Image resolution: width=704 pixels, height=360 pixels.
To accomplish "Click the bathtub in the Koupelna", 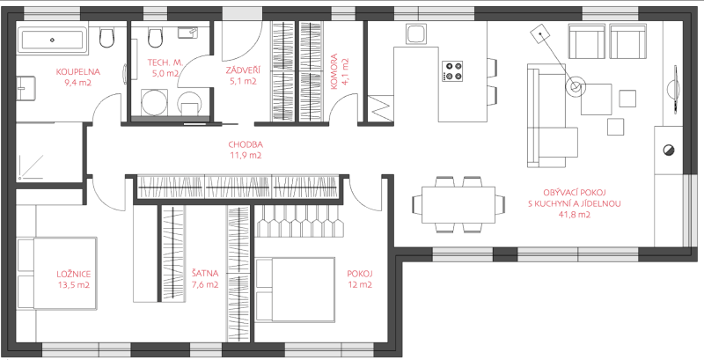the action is tap(52, 40).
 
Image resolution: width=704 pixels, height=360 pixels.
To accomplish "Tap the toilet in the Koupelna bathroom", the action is tap(106, 38).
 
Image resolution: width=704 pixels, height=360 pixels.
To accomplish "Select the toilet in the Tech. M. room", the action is tap(155, 38).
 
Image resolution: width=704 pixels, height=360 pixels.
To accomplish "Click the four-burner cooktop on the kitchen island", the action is tap(452, 71).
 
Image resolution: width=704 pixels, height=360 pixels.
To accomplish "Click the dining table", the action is tap(458, 205).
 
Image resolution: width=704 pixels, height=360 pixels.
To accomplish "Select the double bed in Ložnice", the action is tap(57, 273).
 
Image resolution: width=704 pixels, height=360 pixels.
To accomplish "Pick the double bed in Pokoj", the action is tap(296, 289).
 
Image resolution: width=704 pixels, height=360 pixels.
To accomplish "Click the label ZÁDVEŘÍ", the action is tap(243, 70).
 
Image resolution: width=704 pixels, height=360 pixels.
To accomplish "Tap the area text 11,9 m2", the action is tap(246, 156).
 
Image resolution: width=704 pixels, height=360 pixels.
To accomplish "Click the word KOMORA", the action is tap(334, 72).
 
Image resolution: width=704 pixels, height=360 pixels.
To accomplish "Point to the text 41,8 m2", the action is tap(574, 215).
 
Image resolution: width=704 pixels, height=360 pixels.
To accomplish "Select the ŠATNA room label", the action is tap(205, 273).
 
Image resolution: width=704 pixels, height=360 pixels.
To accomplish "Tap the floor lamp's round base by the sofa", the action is tap(576, 85).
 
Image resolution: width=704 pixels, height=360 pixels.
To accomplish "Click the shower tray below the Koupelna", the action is tap(49, 151).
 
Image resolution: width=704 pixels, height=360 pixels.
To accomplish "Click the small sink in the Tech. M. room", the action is tap(188, 33).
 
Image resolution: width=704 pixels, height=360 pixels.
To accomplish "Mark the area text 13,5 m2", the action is tap(73, 284).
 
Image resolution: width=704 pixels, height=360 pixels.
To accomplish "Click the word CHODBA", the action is tap(246, 144).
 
